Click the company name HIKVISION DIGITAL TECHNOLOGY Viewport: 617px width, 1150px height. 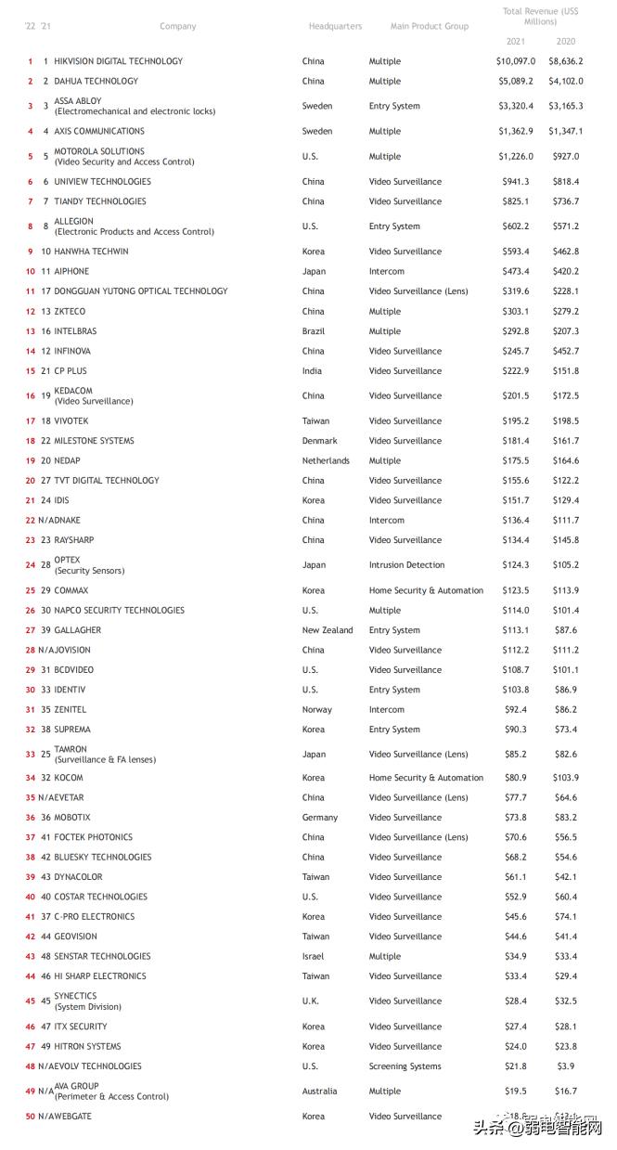coord(118,61)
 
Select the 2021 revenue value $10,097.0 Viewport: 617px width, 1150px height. coord(515,61)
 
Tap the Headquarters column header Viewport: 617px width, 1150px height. coord(335,27)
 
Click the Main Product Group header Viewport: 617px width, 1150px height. coord(429,27)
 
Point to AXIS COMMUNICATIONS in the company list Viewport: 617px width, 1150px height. coord(99,132)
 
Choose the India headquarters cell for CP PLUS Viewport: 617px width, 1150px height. coord(313,371)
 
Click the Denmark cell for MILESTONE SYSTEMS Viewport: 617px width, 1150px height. coord(320,441)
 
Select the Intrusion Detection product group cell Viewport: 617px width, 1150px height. coord(406,565)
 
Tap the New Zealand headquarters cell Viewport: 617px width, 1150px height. coord(328,630)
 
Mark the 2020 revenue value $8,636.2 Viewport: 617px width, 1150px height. coord(566,61)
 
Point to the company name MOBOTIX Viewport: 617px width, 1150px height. coord(72,818)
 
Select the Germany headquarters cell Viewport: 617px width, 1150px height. coord(320,818)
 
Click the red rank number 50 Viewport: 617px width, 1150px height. coord(31,1117)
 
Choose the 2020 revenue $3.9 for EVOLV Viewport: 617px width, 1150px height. coord(566,1066)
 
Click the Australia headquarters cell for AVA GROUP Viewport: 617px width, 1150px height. coord(320,1092)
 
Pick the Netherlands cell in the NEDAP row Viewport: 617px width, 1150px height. coord(326,461)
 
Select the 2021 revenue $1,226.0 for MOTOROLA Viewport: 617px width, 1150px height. coord(516,157)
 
